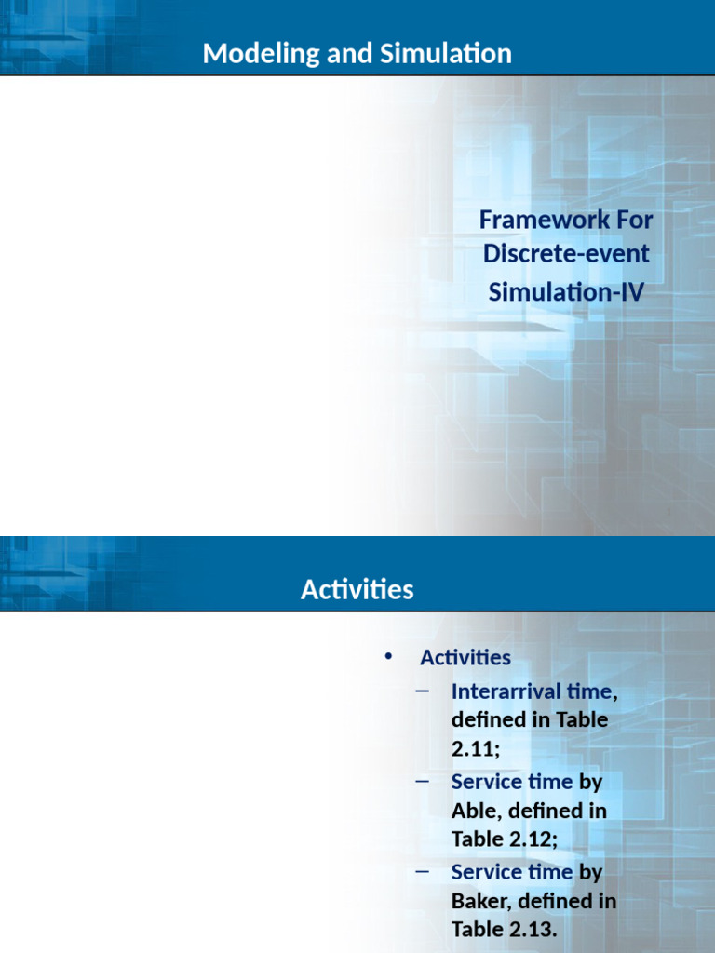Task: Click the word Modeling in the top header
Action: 261,54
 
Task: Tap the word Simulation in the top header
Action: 446,53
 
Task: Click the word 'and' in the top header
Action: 350,53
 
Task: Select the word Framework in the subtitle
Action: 544,220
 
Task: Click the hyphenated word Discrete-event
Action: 566,253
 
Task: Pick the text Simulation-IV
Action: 566,291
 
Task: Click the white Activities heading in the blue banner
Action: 357,589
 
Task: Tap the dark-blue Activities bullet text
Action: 465,658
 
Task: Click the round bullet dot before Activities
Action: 388,656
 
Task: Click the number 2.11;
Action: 476,748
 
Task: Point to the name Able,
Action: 477,811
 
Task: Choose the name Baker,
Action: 481,901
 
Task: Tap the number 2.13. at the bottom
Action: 533,929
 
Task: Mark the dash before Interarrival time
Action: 422,691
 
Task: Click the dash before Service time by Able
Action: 422,781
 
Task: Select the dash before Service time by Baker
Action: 422,871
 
